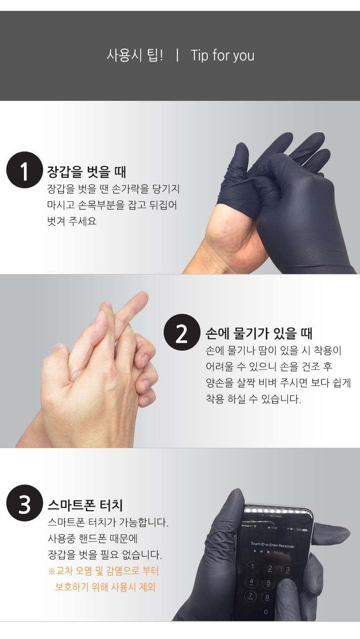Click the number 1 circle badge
point(25,170)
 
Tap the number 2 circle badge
point(182,332)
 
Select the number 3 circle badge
point(25,503)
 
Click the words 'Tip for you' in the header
point(222,55)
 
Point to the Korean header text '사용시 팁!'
point(135,55)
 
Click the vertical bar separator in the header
point(177,55)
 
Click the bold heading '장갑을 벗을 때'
point(86,172)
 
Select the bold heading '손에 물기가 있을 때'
point(259,334)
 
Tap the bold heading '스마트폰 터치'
point(85,505)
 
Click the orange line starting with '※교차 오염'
point(103,571)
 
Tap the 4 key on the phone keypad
point(251,581)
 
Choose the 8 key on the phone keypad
point(267,597)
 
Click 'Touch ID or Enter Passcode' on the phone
point(273,545)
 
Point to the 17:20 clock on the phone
point(274,528)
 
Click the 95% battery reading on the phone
point(299,530)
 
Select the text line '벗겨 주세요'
point(72,221)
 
